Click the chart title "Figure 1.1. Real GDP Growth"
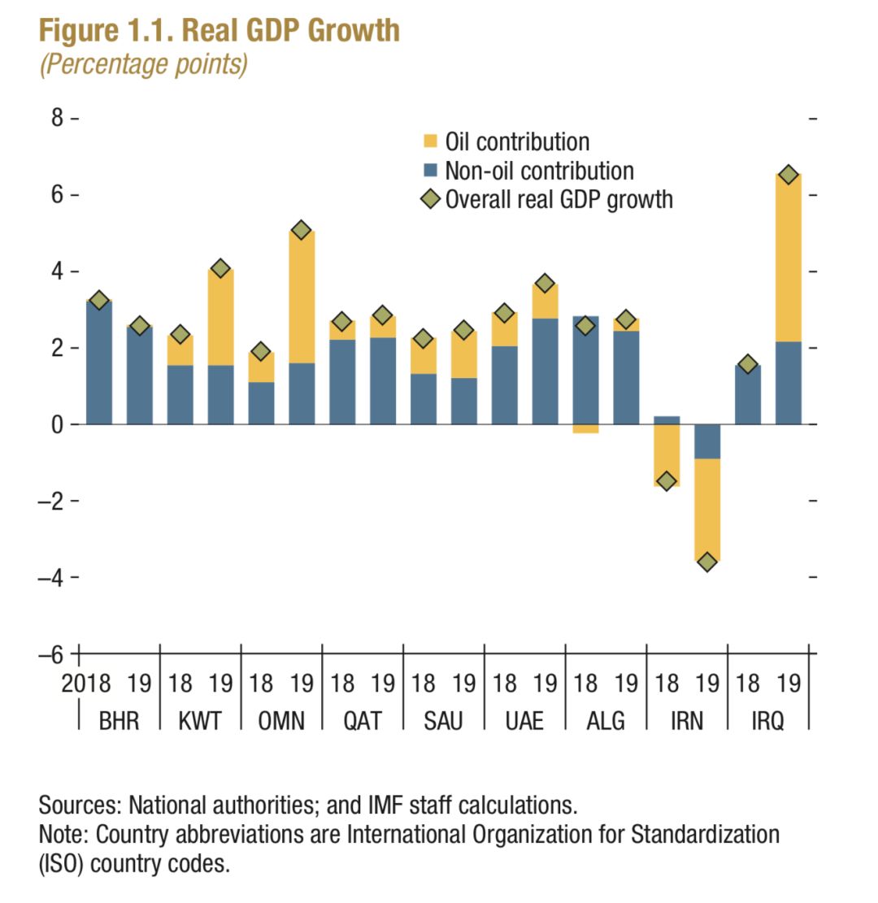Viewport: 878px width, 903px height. (219, 31)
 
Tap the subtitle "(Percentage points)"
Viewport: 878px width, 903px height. (143, 64)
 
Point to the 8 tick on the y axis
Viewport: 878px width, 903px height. (57, 119)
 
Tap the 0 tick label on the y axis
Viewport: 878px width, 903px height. (58, 424)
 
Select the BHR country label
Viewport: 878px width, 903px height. (119, 720)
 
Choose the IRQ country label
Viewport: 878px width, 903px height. (767, 720)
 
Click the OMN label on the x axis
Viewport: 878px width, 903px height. (280, 720)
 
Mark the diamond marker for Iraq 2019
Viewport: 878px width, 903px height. (788, 176)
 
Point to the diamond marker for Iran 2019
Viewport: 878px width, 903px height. (707, 562)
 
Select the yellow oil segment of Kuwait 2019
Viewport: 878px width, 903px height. (220, 317)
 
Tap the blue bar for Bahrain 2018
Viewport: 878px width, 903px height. (98, 363)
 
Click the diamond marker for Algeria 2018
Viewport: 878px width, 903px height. (585, 326)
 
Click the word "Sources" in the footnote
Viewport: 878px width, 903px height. (77, 806)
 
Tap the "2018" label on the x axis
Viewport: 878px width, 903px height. (87, 684)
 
